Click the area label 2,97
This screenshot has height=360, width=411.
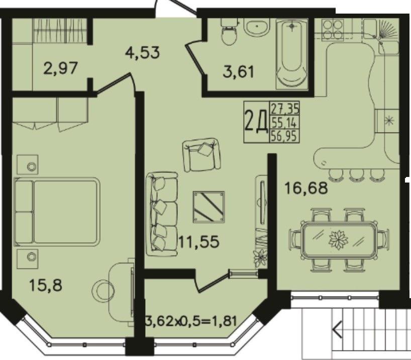[61, 68]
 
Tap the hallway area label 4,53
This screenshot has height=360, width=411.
[142, 52]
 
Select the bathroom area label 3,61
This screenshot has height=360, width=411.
[239, 71]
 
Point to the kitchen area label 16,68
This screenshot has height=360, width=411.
[306, 188]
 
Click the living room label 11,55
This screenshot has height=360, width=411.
[198, 242]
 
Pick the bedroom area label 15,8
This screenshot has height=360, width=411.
[46, 285]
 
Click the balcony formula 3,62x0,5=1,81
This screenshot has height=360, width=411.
[191, 321]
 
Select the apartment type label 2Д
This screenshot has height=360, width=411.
[256, 122]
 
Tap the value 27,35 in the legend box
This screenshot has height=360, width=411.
[285, 109]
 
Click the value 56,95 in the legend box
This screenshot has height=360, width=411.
[285, 136]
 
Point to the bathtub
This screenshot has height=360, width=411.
[292, 54]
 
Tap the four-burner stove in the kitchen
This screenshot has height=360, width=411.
[333, 30]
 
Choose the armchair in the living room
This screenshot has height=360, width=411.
[201, 154]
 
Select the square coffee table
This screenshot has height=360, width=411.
[209, 207]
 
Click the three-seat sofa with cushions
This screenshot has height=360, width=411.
[162, 214]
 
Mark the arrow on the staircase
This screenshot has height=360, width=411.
[337, 329]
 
